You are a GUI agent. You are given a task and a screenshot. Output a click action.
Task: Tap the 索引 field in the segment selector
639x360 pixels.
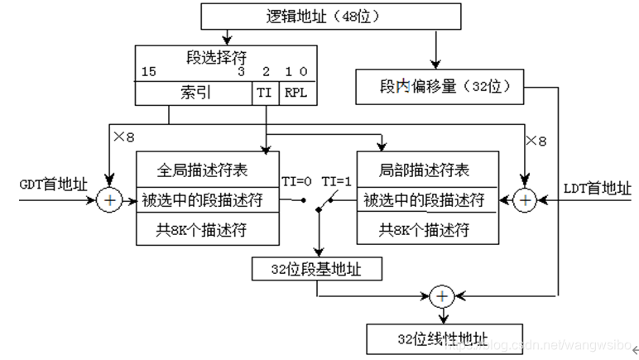point(195,93)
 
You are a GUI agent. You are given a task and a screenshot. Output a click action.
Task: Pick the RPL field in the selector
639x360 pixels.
point(295,93)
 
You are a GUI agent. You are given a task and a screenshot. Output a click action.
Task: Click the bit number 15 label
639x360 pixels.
point(149,73)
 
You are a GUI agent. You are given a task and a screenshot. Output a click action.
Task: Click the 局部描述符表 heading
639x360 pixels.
point(426,170)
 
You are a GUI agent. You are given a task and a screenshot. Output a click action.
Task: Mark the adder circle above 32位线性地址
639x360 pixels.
point(443,295)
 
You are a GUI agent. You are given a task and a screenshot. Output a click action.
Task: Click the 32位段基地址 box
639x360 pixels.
point(319,268)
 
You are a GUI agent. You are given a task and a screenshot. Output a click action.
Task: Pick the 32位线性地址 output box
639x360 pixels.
point(443,338)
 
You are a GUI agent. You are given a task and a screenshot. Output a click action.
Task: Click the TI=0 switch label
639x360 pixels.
point(297,181)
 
